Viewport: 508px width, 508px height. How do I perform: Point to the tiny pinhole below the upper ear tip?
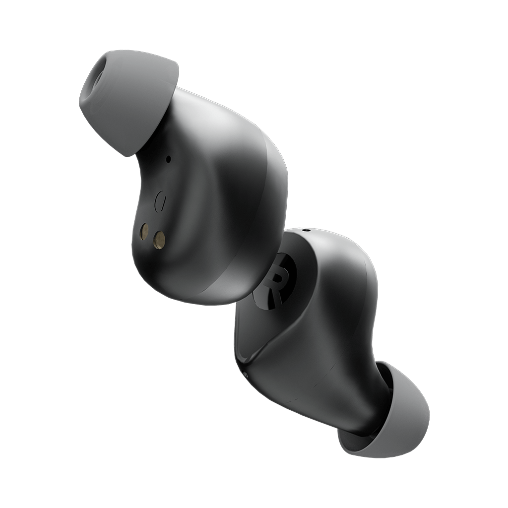click(168, 159)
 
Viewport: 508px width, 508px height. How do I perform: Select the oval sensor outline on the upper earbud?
click(160, 201)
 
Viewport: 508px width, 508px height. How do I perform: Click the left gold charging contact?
click(145, 230)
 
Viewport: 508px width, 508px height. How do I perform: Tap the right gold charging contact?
click(160, 240)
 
